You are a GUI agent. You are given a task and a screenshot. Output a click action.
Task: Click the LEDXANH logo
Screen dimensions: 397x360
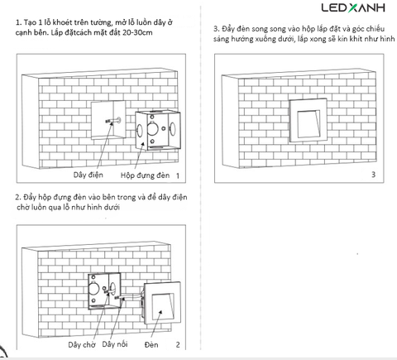[353, 7]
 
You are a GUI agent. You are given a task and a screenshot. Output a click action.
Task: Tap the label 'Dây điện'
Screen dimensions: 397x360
[88, 175]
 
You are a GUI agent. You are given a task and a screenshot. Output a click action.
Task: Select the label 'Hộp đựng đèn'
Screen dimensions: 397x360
[145, 175]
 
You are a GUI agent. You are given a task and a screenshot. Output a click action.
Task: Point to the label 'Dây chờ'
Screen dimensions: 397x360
[82, 344]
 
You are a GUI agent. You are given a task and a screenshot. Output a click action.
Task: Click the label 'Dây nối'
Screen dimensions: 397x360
[115, 344]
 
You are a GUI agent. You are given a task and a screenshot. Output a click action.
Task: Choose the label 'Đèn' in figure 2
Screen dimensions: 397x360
[151, 344]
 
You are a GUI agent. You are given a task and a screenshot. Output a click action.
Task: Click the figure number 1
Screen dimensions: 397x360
[178, 175]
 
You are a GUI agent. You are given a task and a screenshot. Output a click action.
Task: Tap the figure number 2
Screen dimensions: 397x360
[178, 344]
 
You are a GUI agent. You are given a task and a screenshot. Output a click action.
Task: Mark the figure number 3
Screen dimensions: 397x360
[373, 175]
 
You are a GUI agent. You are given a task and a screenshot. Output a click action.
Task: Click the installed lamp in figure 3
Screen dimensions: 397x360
[308, 120]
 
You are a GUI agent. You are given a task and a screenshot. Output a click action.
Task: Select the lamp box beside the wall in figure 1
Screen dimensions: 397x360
[158, 130]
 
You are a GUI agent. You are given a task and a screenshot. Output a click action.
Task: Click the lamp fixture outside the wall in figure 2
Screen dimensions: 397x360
[162, 304]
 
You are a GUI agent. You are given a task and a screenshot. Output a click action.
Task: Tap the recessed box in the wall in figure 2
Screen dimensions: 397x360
[104, 291]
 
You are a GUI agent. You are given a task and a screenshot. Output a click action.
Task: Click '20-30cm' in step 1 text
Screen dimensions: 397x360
[137, 32]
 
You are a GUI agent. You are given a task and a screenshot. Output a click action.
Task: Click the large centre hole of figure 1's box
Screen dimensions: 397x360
[152, 128]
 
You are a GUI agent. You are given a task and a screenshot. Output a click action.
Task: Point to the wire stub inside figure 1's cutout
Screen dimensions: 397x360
[113, 121]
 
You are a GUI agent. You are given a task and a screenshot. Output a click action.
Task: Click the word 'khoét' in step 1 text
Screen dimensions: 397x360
[62, 22]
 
